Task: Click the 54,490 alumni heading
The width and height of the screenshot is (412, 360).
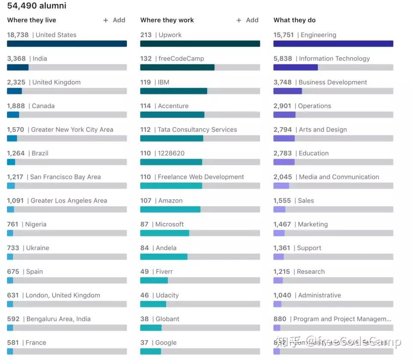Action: [37, 6]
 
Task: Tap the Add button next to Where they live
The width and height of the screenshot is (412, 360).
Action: [114, 20]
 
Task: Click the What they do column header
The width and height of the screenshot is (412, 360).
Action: [294, 20]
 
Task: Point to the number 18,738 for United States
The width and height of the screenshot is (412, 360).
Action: [18, 35]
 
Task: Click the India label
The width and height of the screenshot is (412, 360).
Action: [40, 59]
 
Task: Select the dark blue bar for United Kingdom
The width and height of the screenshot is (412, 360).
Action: [14, 91]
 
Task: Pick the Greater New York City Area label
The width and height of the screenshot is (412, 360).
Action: [72, 130]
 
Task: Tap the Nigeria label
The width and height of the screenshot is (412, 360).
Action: [36, 224]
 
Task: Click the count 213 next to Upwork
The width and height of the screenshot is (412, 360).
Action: [146, 35]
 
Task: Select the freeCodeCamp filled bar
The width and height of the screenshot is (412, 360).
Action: [177, 67]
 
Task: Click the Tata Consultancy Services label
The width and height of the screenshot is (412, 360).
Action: [197, 130]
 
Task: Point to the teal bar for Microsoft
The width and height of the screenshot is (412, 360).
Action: [164, 233]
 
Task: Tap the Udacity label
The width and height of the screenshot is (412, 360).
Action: [167, 295]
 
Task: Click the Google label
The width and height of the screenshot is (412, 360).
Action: [166, 343]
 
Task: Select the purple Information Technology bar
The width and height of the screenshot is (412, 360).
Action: [295, 67]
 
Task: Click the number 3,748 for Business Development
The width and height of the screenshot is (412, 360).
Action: [282, 82]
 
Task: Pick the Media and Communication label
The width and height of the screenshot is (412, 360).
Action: [339, 177]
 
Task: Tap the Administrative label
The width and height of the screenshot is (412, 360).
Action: [319, 295]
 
